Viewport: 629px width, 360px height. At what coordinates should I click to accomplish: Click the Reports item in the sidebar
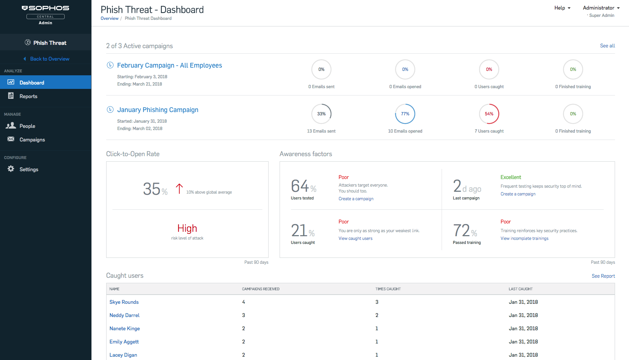[28, 96]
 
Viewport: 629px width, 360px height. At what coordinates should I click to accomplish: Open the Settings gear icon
[11, 169]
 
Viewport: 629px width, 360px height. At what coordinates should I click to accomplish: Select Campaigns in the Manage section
[32, 140]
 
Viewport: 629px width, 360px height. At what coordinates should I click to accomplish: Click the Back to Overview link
[50, 59]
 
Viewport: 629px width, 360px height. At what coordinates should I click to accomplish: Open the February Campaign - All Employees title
[169, 65]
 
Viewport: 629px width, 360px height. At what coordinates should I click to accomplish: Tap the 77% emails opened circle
[405, 114]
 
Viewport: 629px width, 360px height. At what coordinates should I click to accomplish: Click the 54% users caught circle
[489, 114]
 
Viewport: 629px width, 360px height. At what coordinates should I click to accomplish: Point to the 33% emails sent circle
[321, 114]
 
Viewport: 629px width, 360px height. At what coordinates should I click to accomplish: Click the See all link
[607, 46]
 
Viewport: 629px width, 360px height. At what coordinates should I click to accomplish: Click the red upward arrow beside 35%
[179, 189]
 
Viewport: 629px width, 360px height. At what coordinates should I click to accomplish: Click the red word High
[187, 228]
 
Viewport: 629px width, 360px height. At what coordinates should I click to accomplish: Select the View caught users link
[355, 238]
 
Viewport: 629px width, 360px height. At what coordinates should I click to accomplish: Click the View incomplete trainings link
[524, 238]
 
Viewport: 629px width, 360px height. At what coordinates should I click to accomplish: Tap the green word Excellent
[511, 177]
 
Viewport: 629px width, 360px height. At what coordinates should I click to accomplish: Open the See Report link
[603, 276]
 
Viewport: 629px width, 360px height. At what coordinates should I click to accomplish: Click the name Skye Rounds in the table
[124, 302]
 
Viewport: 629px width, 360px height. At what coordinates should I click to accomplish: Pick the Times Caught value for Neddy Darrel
[377, 315]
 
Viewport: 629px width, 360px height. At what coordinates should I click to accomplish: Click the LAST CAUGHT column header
[520, 289]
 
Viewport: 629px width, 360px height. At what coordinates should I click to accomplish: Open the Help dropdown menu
[562, 8]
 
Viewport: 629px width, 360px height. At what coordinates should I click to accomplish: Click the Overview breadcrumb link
[109, 18]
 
